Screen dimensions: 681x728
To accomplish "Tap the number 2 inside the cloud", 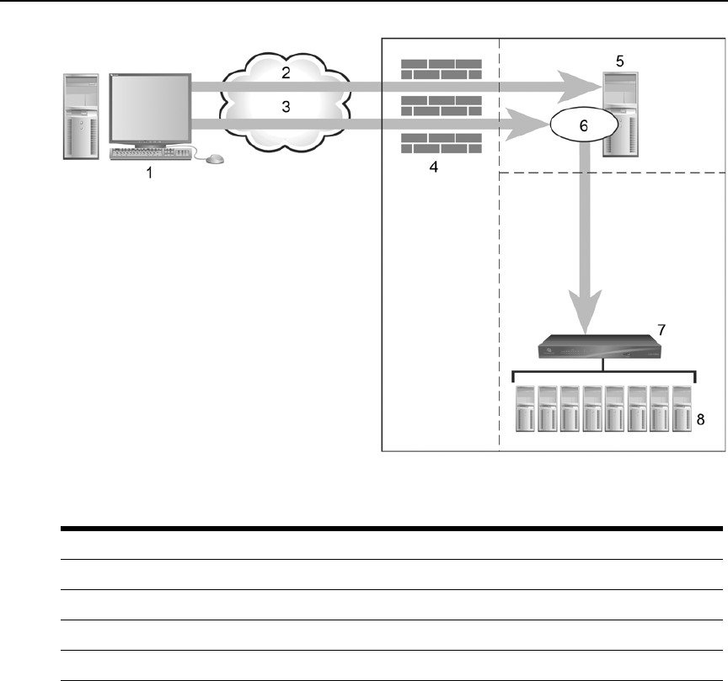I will pyautogui.click(x=286, y=72).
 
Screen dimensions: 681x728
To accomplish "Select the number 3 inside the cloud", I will pyautogui.click(x=286, y=107).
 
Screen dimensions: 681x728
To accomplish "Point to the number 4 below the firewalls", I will pyautogui.click(x=433, y=168).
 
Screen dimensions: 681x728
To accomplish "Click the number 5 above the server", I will pyautogui.click(x=620, y=61).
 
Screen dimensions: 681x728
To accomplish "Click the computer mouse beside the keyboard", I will pyautogui.click(x=215, y=158).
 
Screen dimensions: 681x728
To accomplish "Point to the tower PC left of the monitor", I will pyautogui.click(x=81, y=117).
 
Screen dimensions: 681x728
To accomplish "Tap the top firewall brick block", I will pyautogui.click(x=442, y=69).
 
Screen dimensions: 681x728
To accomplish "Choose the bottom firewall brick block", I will pyautogui.click(x=442, y=142).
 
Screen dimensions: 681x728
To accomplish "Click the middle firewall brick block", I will pyautogui.click(x=442, y=106).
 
